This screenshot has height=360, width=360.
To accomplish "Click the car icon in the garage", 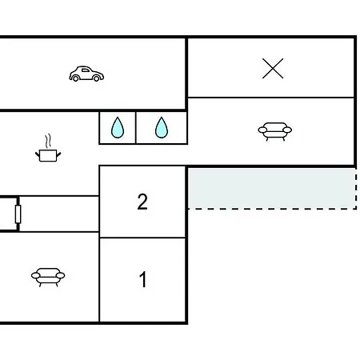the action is pyautogui.click(x=86, y=74).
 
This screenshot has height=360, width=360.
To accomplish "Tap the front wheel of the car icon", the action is pyautogui.click(x=96, y=78).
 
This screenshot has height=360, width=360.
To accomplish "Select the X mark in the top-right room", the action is pyautogui.click(x=273, y=69).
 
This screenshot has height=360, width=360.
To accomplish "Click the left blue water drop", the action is pyautogui.click(x=118, y=127).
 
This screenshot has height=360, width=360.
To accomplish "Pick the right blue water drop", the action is pyautogui.click(x=162, y=127).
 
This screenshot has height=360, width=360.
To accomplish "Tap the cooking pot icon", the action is pyautogui.click(x=48, y=155).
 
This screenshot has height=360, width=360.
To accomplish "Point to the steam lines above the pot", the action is pyautogui.click(x=48, y=141).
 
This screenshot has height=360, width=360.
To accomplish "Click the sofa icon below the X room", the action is pyautogui.click(x=275, y=131).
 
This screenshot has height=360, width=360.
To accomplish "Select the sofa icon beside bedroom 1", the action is pyautogui.click(x=48, y=277).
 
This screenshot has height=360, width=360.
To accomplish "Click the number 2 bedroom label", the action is pyautogui.click(x=142, y=202).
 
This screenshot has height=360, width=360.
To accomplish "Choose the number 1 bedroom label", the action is pyautogui.click(x=143, y=279).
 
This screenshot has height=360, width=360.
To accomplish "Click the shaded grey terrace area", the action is pyautogui.click(x=272, y=188).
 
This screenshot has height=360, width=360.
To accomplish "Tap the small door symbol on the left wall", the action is pyautogui.click(x=18, y=214).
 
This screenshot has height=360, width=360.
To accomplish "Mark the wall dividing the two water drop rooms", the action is pyautogui.click(x=136, y=127).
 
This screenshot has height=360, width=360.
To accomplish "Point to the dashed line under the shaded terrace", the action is pyautogui.click(x=272, y=209).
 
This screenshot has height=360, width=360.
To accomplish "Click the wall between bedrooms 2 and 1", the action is pyautogui.click(x=142, y=238).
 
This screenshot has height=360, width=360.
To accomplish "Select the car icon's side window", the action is pyautogui.click(x=86, y=70).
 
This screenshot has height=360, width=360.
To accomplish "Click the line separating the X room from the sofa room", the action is pyautogui.click(x=271, y=98).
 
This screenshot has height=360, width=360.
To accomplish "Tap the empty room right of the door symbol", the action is pyautogui.click(x=59, y=214).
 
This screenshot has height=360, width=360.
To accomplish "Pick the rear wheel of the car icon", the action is pyautogui.click(x=76, y=78).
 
